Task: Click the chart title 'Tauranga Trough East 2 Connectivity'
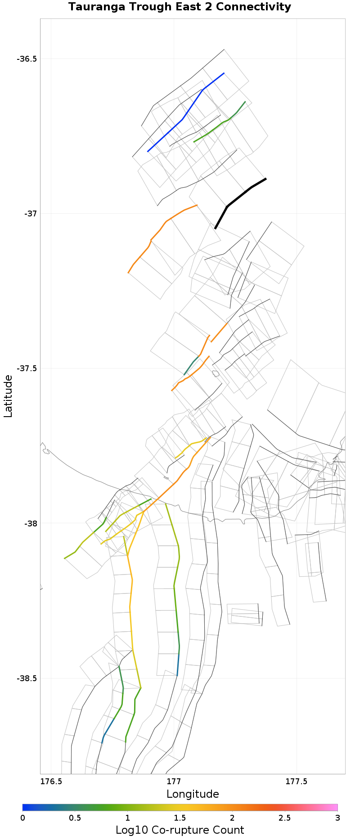point(180,7)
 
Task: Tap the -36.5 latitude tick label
point(27,59)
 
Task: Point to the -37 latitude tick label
point(31,214)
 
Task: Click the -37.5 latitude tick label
point(27,368)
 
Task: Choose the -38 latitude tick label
point(31,524)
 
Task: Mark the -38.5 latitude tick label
point(27,678)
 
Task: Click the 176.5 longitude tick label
point(51,781)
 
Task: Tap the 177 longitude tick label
point(174,781)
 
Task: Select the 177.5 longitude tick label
point(297,781)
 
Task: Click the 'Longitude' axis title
point(193,794)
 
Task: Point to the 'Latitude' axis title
point(8,396)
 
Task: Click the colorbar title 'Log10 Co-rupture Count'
point(180,830)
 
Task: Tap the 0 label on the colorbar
point(23,818)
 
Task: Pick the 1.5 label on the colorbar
point(180,818)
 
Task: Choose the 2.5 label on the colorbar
point(284,818)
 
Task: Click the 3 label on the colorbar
point(337,818)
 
